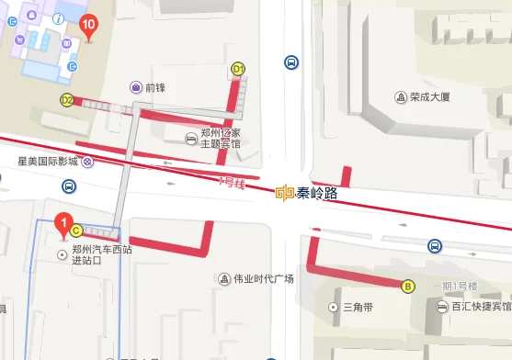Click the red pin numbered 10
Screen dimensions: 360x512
click(88, 26)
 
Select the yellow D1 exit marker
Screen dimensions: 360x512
click(239, 69)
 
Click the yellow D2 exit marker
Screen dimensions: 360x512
click(67, 100)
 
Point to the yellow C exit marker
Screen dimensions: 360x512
click(77, 231)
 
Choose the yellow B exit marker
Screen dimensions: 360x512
click(408, 286)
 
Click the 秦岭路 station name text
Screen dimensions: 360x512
click(318, 193)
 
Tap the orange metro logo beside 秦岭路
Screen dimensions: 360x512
click(285, 193)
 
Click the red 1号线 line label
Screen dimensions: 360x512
click(233, 182)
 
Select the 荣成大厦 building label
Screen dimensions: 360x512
click(434, 96)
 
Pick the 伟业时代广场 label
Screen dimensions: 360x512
click(262, 278)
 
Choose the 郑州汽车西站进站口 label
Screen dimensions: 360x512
click(103, 254)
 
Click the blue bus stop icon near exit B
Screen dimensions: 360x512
click(434, 246)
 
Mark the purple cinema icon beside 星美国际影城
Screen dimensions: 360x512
click(87, 161)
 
